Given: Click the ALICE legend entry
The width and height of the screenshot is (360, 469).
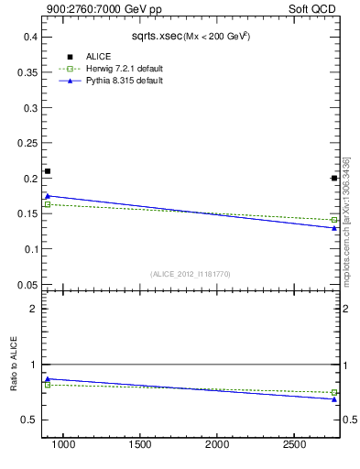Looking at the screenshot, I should (x=98, y=57).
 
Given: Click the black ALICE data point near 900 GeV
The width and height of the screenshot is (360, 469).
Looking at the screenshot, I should (x=48, y=171).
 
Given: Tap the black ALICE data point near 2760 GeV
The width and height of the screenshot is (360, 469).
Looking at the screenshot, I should (x=334, y=178).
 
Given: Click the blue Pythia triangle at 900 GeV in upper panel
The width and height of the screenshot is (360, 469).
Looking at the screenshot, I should (x=48, y=195).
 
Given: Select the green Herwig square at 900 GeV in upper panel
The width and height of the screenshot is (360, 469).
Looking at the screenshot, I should (x=48, y=204).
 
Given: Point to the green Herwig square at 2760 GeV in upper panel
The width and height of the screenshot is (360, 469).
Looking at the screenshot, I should (x=334, y=220).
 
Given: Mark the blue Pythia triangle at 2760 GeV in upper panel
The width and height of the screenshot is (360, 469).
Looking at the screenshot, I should (x=334, y=227).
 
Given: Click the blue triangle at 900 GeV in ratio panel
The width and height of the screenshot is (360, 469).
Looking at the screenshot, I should (x=48, y=378).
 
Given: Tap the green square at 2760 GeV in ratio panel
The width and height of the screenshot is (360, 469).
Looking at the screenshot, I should (x=334, y=392).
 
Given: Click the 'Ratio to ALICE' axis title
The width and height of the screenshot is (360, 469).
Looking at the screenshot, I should (x=14, y=364).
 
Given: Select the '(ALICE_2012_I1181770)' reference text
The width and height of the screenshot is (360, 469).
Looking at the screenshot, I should (x=191, y=273).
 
